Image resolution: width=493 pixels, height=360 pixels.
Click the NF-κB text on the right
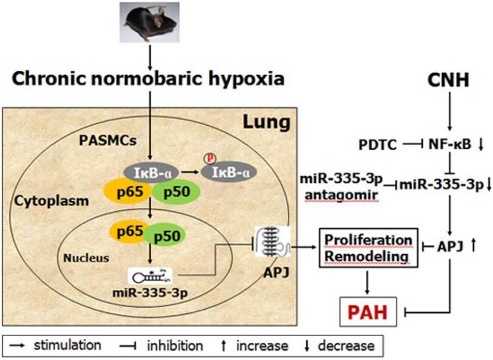[447, 144]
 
